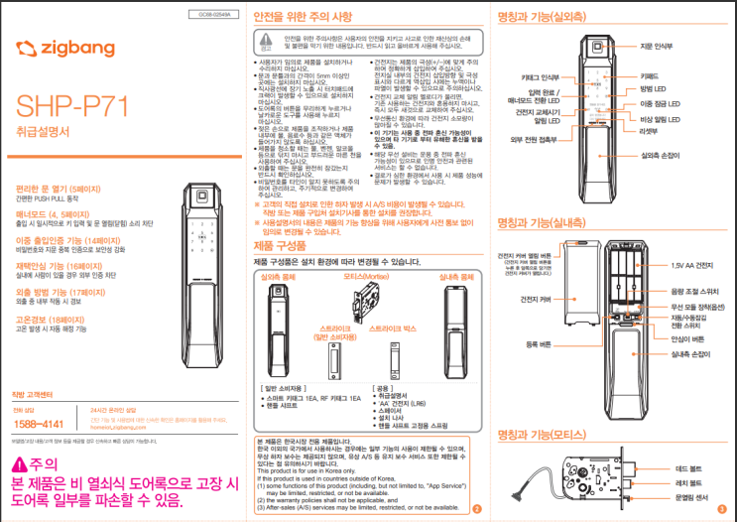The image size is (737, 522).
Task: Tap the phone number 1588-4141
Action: (40, 423)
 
